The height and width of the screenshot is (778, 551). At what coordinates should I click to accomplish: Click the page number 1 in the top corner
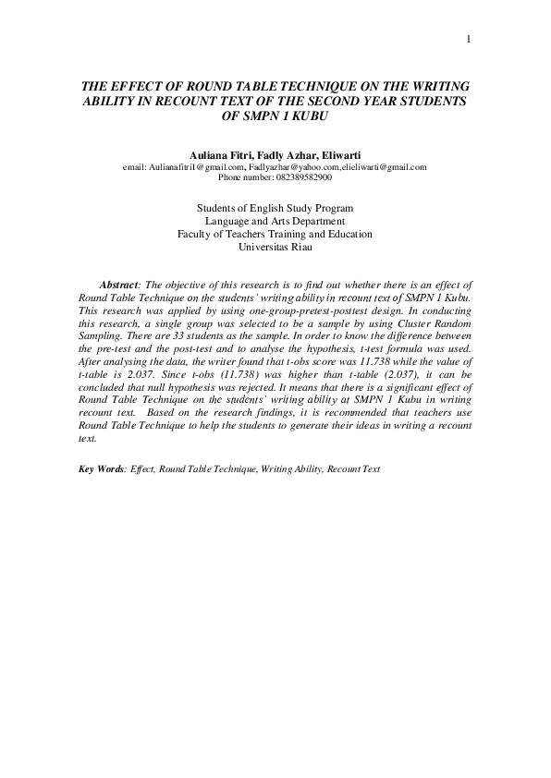pos(469,39)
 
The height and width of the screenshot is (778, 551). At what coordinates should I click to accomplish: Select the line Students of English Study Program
pos(275,208)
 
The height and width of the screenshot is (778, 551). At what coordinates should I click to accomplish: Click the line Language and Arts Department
pos(275,221)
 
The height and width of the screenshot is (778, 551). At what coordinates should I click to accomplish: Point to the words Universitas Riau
pos(275,247)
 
